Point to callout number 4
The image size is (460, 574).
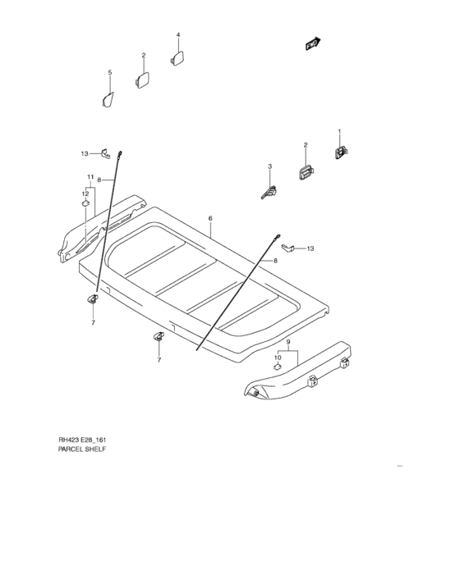(177, 35)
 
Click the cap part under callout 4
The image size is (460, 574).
(177, 57)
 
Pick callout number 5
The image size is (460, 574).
(110, 74)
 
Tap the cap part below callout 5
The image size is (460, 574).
(107, 99)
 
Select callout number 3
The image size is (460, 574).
(269, 167)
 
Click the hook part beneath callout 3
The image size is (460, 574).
(269, 193)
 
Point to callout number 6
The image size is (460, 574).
(210, 219)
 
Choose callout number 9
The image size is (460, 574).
(288, 340)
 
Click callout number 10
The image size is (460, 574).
(278, 357)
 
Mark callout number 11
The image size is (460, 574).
(90, 177)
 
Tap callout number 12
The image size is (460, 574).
(85, 193)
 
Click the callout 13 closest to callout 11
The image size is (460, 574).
(84, 153)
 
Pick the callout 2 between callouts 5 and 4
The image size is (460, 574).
(143, 56)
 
